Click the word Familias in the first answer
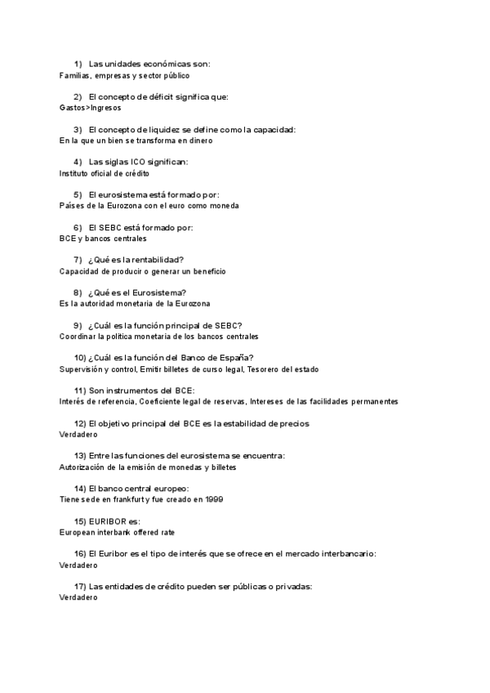tap(75, 75)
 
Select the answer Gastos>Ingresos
tap(91, 107)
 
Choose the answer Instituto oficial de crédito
tap(105, 173)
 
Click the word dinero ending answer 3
tap(201, 141)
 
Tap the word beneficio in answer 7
tap(207, 271)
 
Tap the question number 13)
tap(80, 455)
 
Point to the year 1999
tap(215, 499)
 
